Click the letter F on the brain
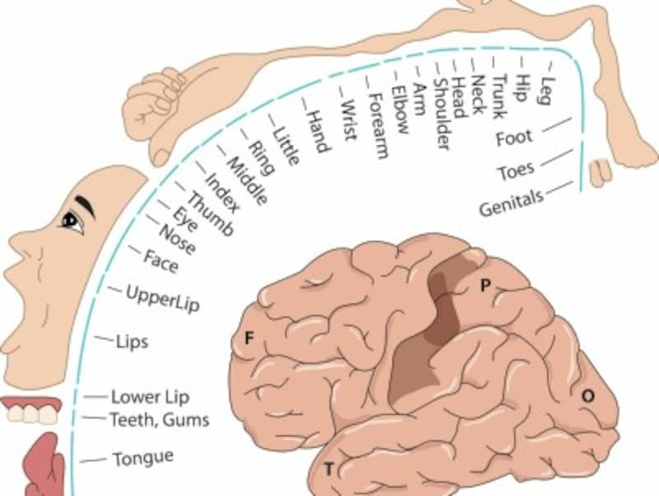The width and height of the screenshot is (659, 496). (x=250, y=338)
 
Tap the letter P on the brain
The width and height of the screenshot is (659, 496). (x=485, y=286)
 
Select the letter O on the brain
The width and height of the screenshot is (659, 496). (x=588, y=395)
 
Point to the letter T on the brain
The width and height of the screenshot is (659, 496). (x=329, y=469)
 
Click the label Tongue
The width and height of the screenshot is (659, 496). (x=143, y=458)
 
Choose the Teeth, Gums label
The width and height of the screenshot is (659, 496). (x=160, y=419)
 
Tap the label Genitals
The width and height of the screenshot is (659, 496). (x=511, y=203)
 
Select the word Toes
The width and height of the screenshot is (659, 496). (x=516, y=171)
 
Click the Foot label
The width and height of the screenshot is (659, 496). (x=514, y=138)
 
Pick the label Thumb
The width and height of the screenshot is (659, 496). (x=209, y=213)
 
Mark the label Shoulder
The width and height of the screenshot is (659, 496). (x=442, y=114)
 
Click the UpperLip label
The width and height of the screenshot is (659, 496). (x=162, y=298)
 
